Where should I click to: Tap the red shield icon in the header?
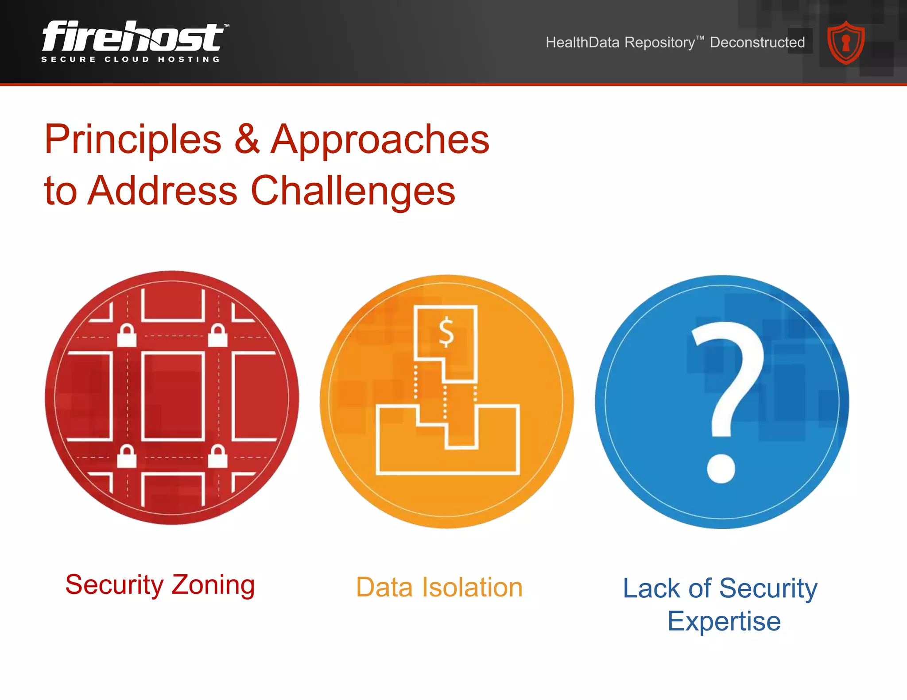click(846, 43)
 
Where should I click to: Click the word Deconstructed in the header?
click(757, 42)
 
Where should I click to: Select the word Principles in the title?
click(133, 140)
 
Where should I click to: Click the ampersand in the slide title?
click(247, 139)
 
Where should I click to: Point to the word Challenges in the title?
click(353, 191)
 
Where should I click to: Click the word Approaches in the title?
click(380, 140)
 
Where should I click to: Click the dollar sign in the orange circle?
click(446, 332)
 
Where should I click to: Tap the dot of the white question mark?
click(721, 468)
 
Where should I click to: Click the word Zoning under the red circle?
click(213, 585)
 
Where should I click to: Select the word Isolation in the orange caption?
click(472, 588)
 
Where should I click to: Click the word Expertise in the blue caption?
click(724, 621)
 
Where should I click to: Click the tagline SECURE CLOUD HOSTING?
click(131, 59)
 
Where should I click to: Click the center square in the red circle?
click(173, 396)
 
